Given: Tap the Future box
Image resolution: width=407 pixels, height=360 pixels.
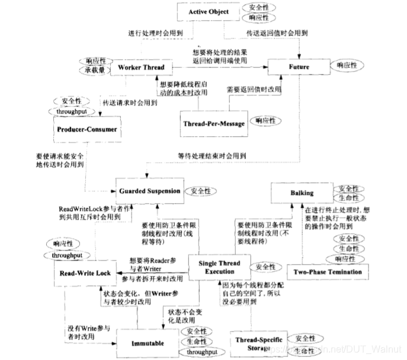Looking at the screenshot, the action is tap(299, 67).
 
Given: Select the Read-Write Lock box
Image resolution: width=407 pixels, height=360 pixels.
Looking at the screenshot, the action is tap(86, 273).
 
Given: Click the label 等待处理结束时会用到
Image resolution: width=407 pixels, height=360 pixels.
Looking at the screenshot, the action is tap(212, 156).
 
